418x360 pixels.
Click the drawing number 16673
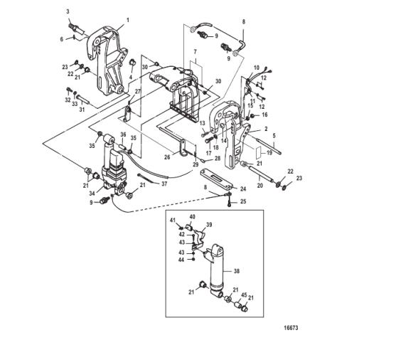[291, 328]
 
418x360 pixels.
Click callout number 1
[128, 20]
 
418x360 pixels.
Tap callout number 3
[68, 11]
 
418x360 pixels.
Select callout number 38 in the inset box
[237, 271]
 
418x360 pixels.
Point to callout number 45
[245, 295]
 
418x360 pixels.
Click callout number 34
[92, 193]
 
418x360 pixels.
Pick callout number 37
[164, 184]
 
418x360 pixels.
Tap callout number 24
[243, 189]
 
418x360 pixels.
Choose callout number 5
[274, 136]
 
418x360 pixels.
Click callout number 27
[138, 92]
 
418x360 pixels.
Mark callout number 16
[264, 115]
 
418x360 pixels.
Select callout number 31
[82, 110]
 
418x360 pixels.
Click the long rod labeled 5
[268, 144]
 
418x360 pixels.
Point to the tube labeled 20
[261, 174]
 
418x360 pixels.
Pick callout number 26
[167, 157]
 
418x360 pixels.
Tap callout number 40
[193, 216]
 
